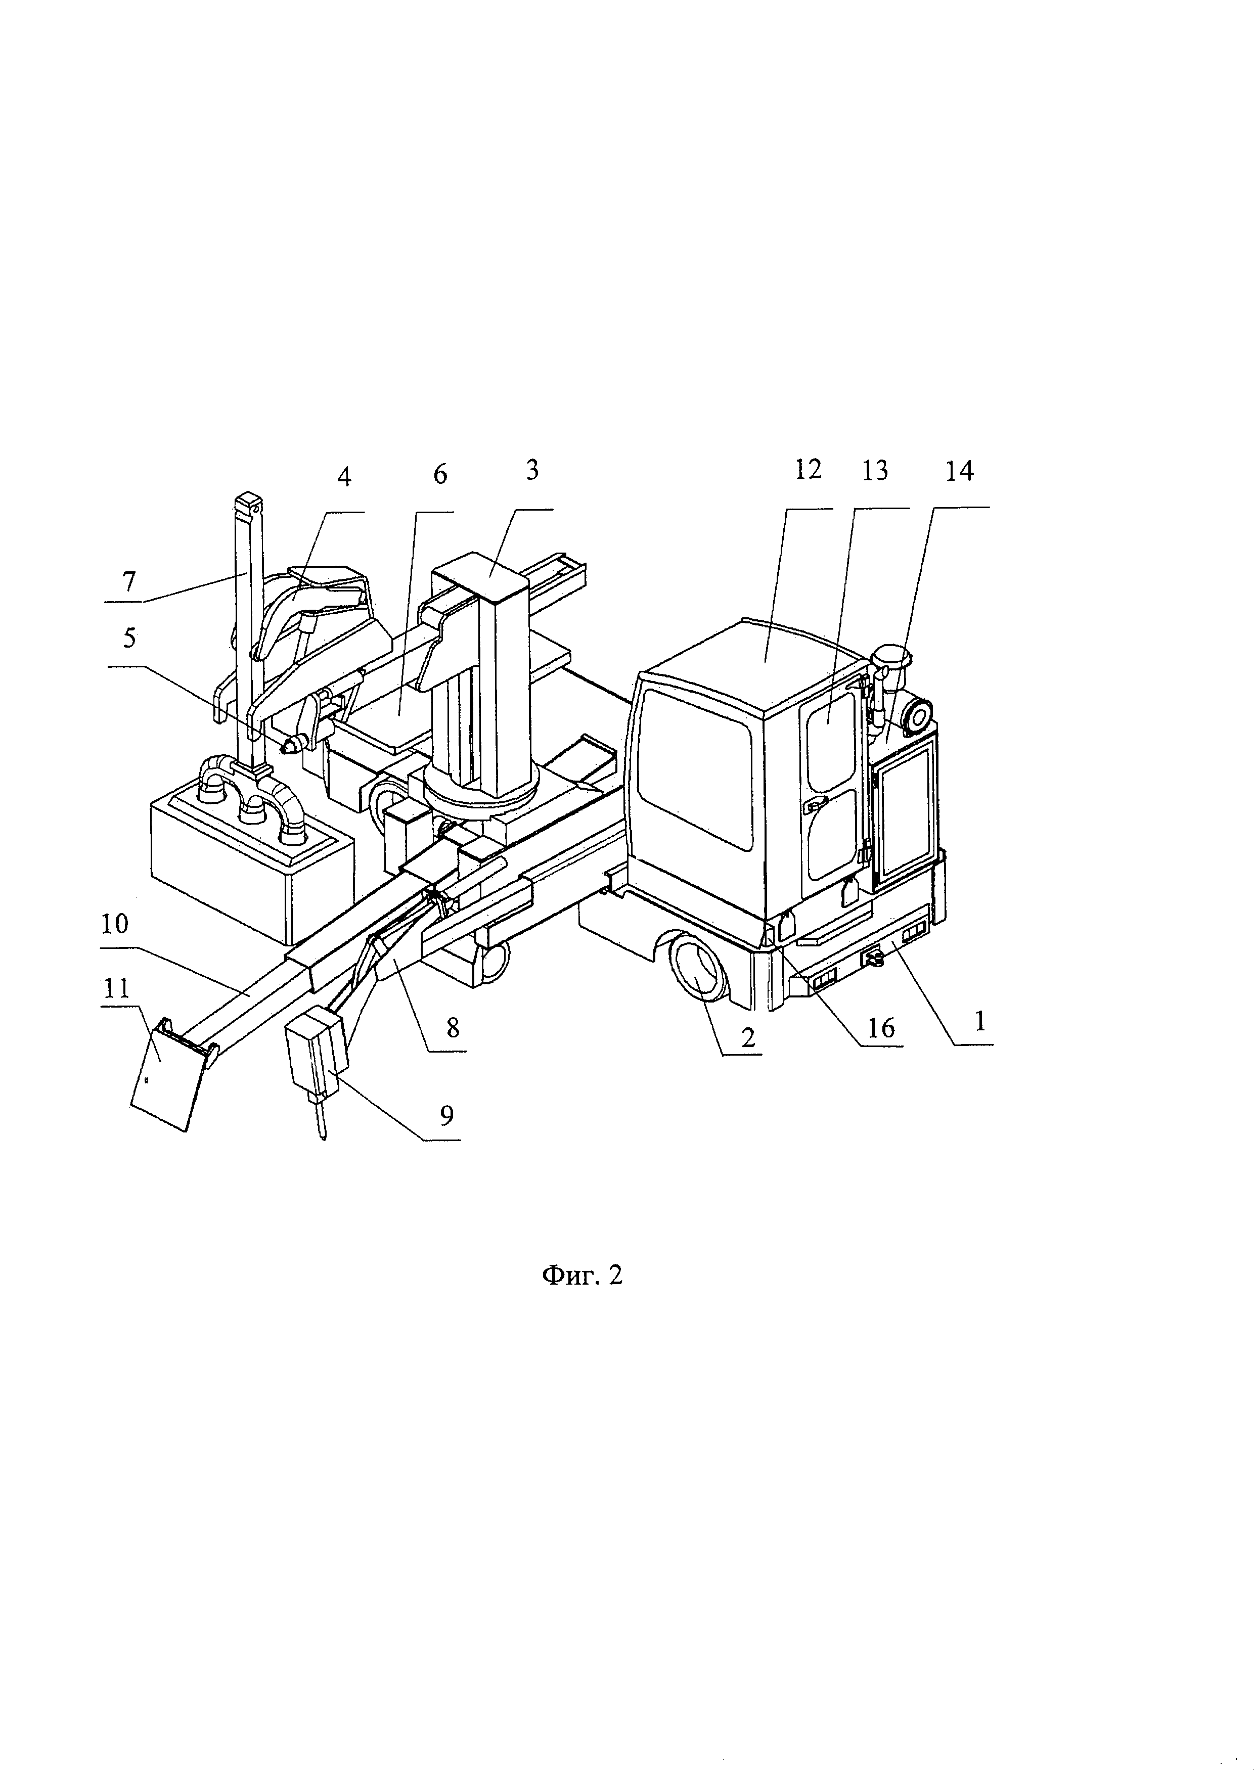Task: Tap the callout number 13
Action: [875, 470]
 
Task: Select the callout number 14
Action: [960, 470]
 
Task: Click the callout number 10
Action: [114, 924]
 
